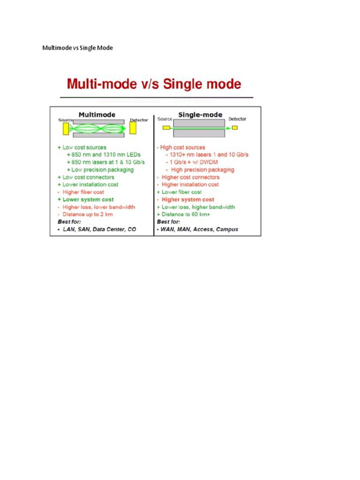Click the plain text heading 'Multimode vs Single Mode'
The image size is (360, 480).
[x=78, y=48]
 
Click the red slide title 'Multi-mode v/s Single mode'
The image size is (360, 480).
[x=154, y=84]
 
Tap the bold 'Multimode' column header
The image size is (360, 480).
[x=97, y=114]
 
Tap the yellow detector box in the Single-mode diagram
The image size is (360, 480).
[x=235, y=127]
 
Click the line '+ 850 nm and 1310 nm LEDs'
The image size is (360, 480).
[x=104, y=155]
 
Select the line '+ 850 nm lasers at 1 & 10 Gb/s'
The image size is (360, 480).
[x=106, y=162]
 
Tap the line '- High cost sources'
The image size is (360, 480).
[x=181, y=147]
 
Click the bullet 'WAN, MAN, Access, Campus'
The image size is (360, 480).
[x=197, y=229]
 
